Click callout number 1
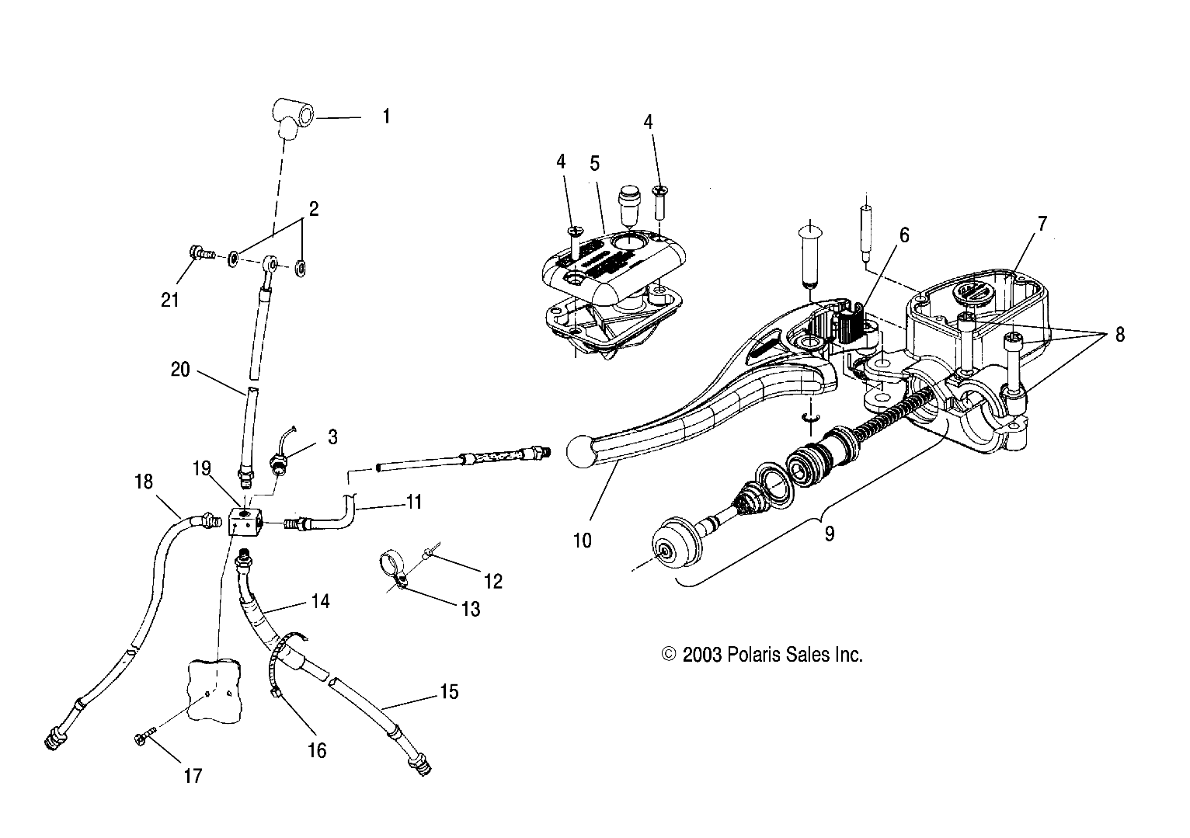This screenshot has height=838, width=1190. click(386, 117)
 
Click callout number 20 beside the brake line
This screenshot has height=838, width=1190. click(180, 370)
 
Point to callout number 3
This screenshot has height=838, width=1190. click(332, 437)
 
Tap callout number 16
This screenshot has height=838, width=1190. click(317, 750)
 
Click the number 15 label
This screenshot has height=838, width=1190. click(449, 691)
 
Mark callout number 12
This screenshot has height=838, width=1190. click(493, 581)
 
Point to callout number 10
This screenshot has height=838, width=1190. click(582, 540)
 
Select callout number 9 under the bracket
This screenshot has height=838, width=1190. click(830, 534)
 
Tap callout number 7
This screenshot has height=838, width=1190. click(1042, 224)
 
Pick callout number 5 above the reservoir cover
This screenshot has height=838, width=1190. click(594, 163)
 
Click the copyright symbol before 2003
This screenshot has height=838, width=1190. click(669, 655)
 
